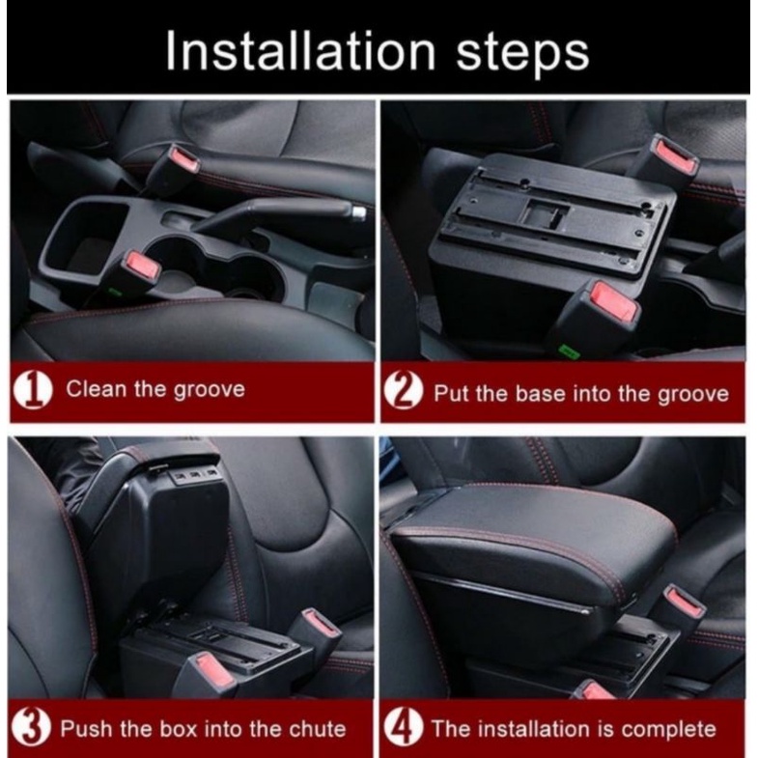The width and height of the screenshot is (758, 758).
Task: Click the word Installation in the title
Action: click(x=299, y=52)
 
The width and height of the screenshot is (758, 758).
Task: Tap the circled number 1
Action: click(x=32, y=390)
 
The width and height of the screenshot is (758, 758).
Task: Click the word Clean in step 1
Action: click(x=97, y=389)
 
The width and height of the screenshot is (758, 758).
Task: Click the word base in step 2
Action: click(x=541, y=393)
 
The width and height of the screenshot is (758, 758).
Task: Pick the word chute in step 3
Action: click(x=318, y=728)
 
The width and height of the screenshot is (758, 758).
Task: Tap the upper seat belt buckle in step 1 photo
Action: click(x=173, y=164)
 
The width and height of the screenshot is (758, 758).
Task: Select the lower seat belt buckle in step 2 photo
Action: click(x=600, y=309)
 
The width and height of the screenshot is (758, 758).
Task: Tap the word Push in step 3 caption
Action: click(x=87, y=728)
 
